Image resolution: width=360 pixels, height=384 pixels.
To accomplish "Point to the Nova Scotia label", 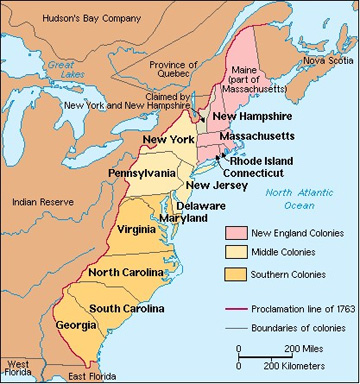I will point(327,59).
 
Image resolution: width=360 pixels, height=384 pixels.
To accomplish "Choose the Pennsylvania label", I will point(142,174).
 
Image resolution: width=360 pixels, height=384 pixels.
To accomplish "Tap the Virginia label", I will point(136,228).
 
